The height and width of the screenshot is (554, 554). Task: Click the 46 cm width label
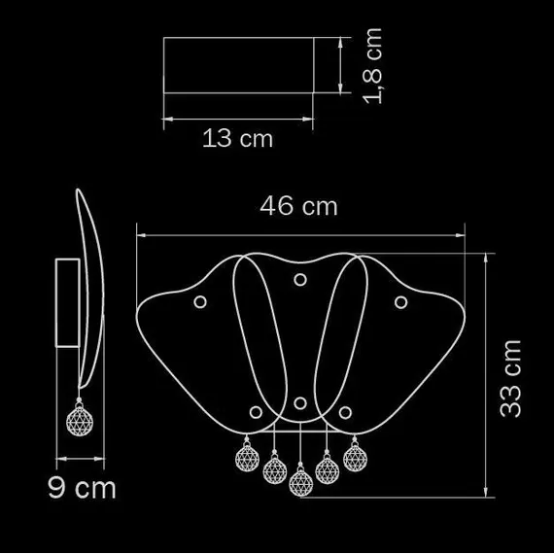[x=298, y=206]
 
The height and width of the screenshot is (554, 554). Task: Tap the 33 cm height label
[x=510, y=379]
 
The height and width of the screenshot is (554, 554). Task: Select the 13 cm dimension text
[x=237, y=138]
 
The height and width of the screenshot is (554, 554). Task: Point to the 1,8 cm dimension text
[x=372, y=66]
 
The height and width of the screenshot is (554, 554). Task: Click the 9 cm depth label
[x=82, y=489]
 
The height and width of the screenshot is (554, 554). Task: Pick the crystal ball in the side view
[x=80, y=421]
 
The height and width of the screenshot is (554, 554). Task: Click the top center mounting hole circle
[x=300, y=280]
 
